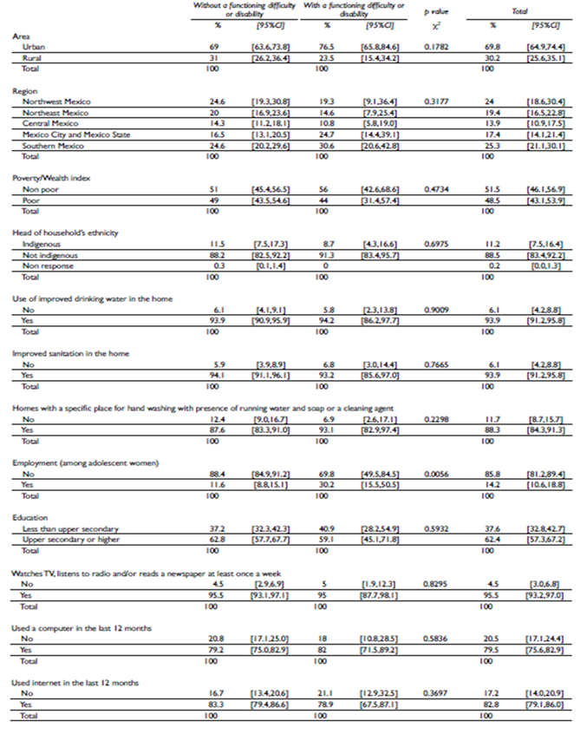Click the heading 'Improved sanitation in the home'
[70, 353]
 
